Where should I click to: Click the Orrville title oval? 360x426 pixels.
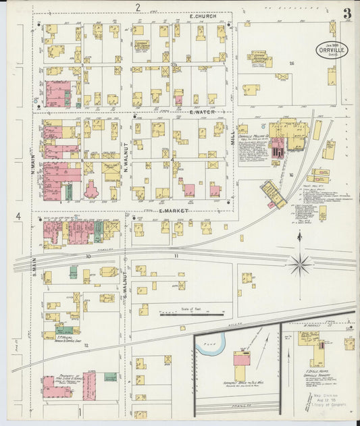(x=332, y=50)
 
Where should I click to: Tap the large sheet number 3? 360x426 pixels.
(x=346, y=14)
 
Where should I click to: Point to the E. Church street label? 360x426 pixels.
(x=203, y=16)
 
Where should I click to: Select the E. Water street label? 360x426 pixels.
(x=202, y=112)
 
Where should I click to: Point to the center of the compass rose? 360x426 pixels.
(x=300, y=263)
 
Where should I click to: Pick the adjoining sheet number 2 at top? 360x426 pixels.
(x=137, y=7)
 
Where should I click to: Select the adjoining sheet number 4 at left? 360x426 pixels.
(x=19, y=216)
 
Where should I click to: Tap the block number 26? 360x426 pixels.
(x=292, y=63)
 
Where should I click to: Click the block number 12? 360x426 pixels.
(x=86, y=345)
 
